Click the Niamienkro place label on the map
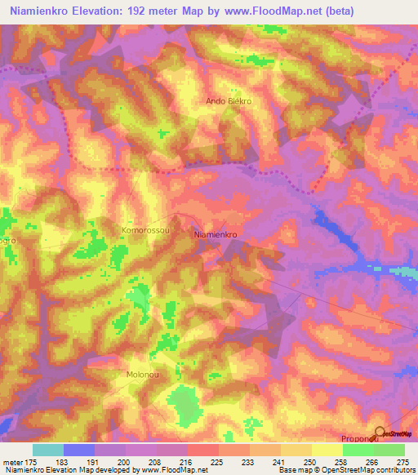coord(216,234)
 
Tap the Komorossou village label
coord(145,231)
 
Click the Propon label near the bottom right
coord(358,438)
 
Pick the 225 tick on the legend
coord(216,461)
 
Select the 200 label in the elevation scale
coord(122,461)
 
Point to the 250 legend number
coord(309,461)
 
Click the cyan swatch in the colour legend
coord(48,450)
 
